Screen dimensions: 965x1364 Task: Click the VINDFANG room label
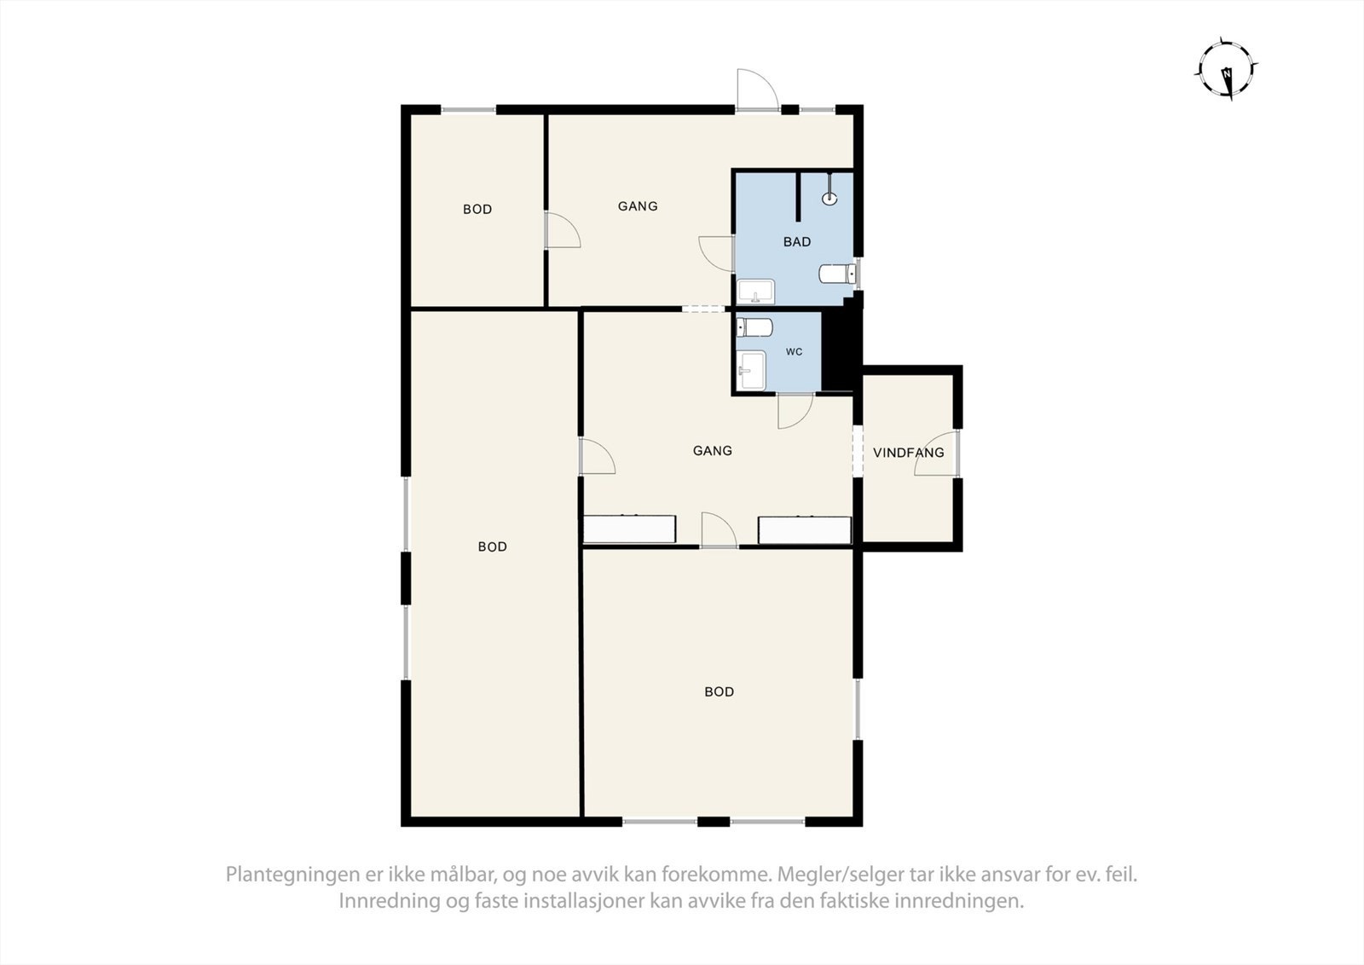(908, 453)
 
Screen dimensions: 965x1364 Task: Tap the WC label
(794, 352)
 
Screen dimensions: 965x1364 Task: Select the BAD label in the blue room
(797, 242)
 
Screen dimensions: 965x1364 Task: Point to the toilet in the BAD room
(836, 274)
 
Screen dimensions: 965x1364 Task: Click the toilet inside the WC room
(754, 326)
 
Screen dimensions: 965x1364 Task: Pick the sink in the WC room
(752, 371)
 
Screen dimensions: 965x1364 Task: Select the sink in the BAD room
(755, 292)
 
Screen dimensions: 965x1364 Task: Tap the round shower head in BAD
(829, 198)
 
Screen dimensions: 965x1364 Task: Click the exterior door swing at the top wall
(756, 89)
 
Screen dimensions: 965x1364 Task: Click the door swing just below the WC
(794, 410)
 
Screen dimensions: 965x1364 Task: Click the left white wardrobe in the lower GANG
(629, 529)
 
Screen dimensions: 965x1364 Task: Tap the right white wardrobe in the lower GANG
(805, 529)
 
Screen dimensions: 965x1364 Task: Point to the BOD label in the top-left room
(477, 210)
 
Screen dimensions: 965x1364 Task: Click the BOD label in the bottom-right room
(719, 692)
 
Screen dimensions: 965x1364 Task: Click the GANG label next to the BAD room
(638, 206)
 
